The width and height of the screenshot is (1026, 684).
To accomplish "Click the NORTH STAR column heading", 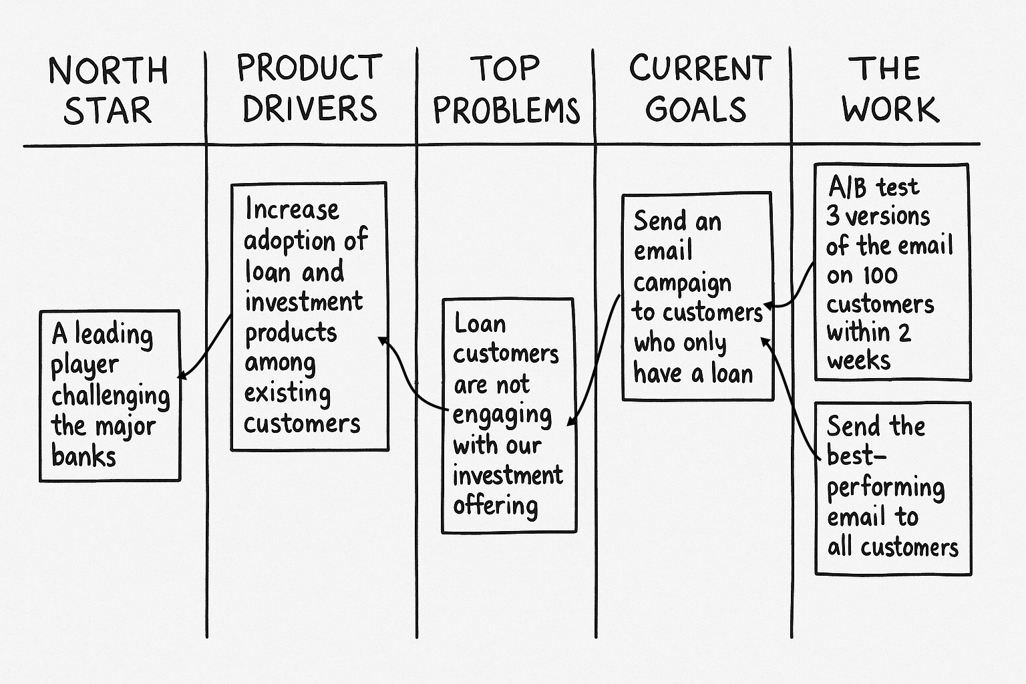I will (108, 90).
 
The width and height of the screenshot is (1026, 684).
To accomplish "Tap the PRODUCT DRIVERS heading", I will (309, 88).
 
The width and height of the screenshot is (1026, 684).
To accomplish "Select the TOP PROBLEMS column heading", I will (506, 90).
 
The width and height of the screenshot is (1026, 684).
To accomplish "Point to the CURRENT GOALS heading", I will (699, 88).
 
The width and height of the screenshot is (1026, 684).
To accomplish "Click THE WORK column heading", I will (889, 90).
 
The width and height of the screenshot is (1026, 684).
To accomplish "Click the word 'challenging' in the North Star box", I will (110, 396).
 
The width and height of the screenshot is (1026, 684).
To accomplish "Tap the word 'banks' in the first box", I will (83, 456).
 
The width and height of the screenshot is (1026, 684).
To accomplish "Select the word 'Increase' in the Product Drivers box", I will (292, 210).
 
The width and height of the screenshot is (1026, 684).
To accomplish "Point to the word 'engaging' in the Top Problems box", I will (502, 415).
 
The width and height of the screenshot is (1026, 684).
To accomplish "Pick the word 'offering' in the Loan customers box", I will (495, 506).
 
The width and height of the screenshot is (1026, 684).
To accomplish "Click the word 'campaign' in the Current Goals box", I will (682, 283).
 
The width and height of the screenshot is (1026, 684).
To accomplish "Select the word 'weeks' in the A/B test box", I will (858, 361).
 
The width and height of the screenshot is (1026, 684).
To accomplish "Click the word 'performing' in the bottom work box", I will (885, 488).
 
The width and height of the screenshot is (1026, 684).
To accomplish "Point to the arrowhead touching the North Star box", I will (182, 375).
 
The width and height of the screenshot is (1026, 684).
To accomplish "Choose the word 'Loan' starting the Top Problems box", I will (480, 324).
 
